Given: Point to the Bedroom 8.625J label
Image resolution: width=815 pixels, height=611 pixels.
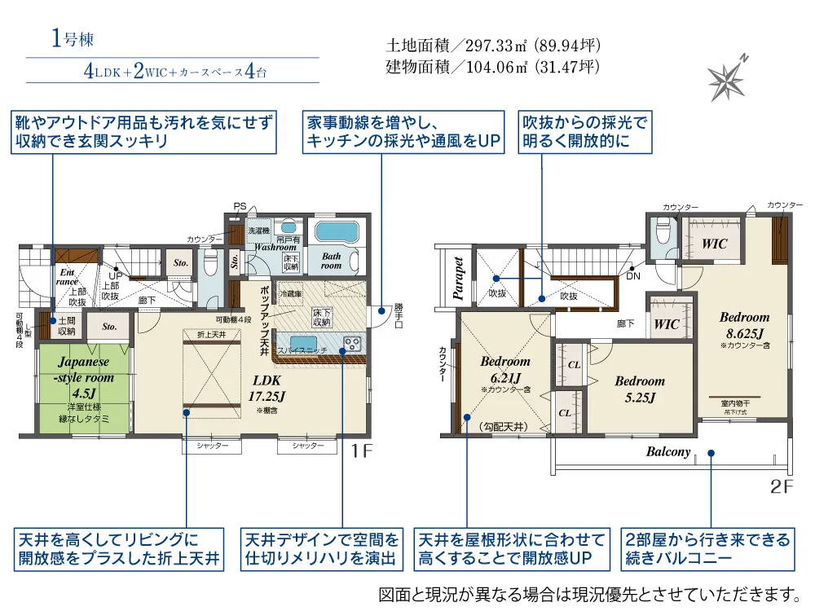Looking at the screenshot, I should coord(744,323).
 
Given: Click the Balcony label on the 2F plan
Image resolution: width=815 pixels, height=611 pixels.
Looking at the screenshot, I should coord(668,452).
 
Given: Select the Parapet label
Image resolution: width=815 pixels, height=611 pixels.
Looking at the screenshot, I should coord(458,279).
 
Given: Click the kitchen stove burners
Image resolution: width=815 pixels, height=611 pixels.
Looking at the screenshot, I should coord(352,343).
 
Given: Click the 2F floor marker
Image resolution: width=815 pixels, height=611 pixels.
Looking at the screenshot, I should coord(781,488).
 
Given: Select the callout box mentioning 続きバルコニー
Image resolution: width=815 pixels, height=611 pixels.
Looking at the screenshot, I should coord(707,549).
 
